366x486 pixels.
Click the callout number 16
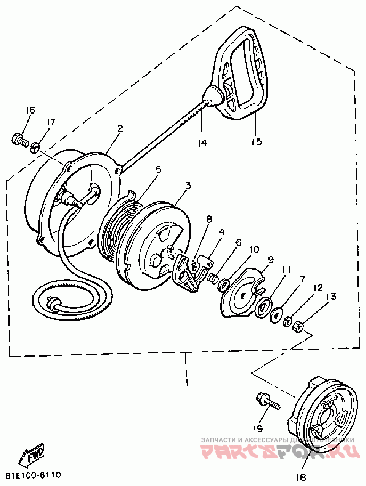pyautogui.click(x=30, y=110)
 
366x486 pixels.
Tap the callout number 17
pyautogui.click(x=51, y=123)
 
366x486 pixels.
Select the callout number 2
pyautogui.click(x=120, y=128)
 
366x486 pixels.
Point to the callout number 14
pyautogui.click(x=202, y=143)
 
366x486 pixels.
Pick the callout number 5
pyautogui.click(x=158, y=170)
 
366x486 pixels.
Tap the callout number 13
pyautogui.click(x=331, y=297)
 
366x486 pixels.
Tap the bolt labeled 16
pyautogui.click(x=19, y=141)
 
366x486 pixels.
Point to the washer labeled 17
pyautogui.click(x=36, y=145)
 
